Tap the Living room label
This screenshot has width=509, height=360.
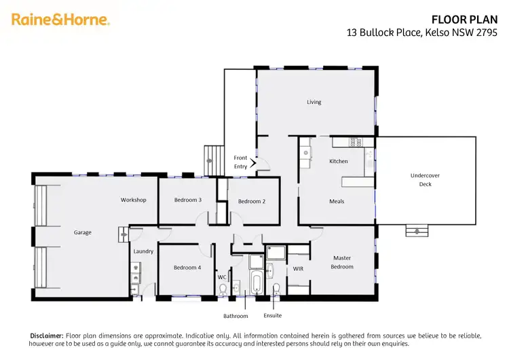click(x=314, y=102)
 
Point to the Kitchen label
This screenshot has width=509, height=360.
click(x=338, y=161)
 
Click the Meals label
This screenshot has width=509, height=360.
click(x=337, y=201)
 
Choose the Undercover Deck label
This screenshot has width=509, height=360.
click(x=425, y=179)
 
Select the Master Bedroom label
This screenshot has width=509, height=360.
click(x=342, y=262)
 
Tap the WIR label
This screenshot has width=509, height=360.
click(x=297, y=270)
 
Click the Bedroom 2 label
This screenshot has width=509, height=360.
click(x=251, y=201)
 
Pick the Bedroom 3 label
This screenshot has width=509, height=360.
click(x=187, y=200)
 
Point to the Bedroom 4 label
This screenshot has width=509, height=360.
click(x=187, y=268)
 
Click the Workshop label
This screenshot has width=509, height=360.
click(x=134, y=200)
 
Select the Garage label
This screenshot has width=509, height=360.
click(x=82, y=232)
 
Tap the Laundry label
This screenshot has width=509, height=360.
click(x=144, y=251)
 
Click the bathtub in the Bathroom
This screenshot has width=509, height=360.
click(x=257, y=283)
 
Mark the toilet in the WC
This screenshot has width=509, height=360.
click(x=223, y=289)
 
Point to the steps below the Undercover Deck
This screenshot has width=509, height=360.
click(x=417, y=231)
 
